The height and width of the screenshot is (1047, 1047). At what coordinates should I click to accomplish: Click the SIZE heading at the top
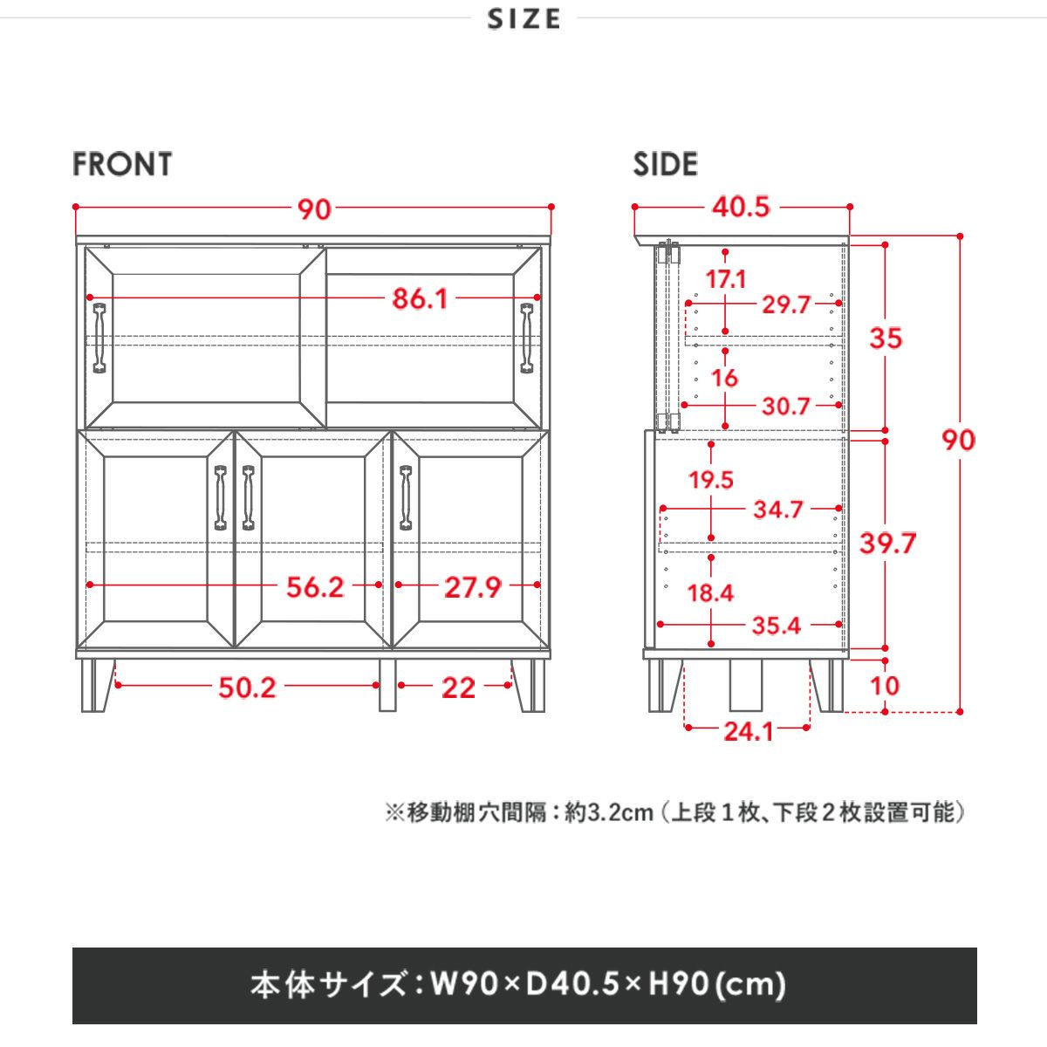click(523, 19)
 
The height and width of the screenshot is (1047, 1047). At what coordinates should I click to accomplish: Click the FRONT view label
click(122, 164)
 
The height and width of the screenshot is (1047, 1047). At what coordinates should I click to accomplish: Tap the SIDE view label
click(665, 164)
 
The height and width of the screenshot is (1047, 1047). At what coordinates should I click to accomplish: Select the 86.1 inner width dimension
click(420, 299)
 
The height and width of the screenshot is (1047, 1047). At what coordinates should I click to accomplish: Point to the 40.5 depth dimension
click(741, 207)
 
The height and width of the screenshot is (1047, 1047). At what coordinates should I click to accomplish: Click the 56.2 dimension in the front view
click(315, 587)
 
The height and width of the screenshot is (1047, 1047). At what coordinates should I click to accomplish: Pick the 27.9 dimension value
click(473, 587)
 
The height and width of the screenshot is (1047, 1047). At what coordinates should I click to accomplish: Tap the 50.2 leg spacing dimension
click(247, 688)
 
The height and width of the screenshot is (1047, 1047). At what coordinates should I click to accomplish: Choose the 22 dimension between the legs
click(459, 688)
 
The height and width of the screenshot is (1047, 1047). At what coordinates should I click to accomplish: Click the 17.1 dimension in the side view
click(725, 279)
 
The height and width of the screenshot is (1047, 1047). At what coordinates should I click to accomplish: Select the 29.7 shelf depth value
click(786, 305)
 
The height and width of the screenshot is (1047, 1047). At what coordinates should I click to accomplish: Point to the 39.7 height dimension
click(888, 544)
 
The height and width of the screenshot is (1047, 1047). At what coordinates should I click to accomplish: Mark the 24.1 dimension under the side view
click(748, 732)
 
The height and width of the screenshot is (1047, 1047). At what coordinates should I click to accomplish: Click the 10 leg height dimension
click(885, 686)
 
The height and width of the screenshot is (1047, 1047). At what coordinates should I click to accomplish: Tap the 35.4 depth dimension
click(777, 626)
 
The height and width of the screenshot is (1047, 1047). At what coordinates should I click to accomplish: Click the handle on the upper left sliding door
click(99, 338)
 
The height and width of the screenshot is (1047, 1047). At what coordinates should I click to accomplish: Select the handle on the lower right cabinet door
click(406, 497)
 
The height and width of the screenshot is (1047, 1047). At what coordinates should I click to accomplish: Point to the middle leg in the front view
click(387, 685)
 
